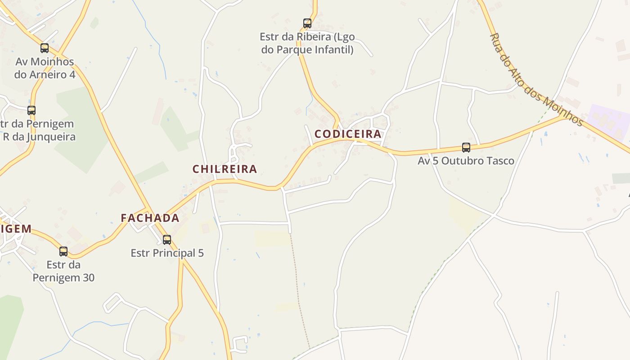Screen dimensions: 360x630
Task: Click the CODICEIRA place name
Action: (348, 134)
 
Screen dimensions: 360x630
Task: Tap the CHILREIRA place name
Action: (225, 169)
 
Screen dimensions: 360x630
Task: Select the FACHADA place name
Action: (150, 218)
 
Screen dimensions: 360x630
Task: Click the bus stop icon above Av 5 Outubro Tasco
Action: (466, 147)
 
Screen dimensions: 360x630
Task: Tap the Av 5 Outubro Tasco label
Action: (466, 161)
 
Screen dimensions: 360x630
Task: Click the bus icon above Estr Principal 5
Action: (167, 240)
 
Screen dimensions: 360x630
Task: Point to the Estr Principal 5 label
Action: (167, 253)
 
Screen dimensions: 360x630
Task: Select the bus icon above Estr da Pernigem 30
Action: (63, 252)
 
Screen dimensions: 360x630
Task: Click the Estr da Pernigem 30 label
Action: (63, 271)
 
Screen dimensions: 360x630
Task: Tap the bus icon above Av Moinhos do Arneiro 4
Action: (45, 48)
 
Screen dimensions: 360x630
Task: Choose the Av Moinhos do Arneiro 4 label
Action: (45, 68)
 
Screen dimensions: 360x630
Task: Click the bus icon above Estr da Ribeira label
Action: (307, 23)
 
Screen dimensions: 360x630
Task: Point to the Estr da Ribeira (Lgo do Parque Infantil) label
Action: (307, 43)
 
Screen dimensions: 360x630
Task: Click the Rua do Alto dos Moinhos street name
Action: (535, 80)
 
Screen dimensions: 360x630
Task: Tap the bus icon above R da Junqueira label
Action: (31, 110)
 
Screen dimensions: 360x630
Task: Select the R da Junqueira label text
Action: (39, 136)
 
